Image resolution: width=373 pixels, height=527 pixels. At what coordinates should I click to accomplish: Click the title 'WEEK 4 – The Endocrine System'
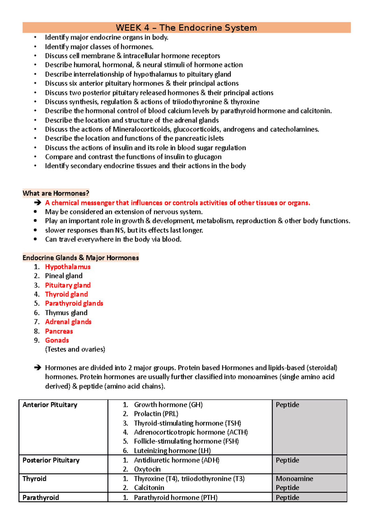pos(186,28)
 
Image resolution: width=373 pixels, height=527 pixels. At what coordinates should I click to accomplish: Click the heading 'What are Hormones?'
pos(56,193)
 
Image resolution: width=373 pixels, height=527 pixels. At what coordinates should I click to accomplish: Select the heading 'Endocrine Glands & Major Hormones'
pos(81,258)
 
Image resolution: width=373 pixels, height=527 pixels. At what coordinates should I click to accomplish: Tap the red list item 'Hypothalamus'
pos(67,267)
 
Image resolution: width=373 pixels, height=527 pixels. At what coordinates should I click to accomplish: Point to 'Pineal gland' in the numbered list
pos(63,276)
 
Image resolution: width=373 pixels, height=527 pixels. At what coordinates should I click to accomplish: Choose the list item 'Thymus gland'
pos(66,313)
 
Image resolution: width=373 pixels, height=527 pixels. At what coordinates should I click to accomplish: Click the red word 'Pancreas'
pos(59,331)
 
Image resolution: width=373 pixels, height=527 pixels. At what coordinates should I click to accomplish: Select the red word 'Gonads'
pos(57,340)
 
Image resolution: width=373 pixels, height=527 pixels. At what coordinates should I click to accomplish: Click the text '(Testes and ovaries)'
pos(75,349)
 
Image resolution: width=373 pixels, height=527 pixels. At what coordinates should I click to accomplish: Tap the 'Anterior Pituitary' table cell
pos(50,405)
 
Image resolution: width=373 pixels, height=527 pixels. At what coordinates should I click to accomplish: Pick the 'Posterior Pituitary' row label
pos(51,460)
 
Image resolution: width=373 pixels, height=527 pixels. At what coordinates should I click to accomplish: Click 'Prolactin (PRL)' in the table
pos(156,414)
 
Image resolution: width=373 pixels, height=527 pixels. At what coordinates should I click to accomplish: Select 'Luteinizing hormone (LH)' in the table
pos(172,451)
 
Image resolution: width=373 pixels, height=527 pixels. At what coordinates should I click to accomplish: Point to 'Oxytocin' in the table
pos(147,469)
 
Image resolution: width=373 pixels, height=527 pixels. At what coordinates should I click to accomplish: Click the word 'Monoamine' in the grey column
pos(294,479)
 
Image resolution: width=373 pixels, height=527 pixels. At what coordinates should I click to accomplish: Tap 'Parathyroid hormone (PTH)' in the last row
pos(176,498)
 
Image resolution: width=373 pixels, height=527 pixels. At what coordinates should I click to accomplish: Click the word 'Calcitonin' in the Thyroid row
pos(149,488)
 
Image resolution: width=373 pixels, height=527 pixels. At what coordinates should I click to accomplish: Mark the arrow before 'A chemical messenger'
pos(38,203)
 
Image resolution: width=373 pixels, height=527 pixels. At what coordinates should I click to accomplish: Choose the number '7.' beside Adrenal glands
pos(37,322)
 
